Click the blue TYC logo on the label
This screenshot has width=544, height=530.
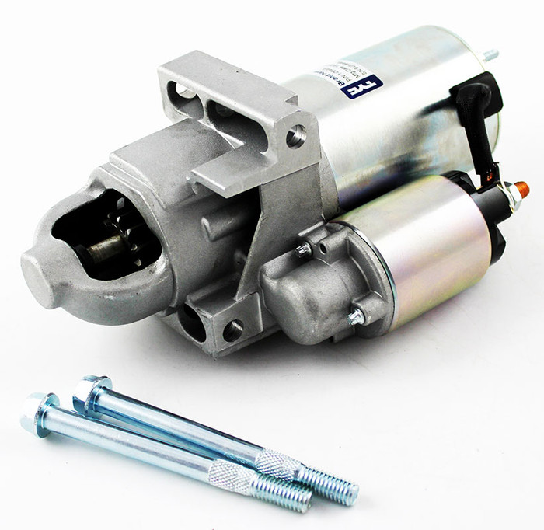point(361,86)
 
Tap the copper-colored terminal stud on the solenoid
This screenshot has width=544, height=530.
point(521,189)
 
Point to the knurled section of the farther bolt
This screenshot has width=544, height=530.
point(277,464)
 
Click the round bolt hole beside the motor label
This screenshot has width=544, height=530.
point(295,137)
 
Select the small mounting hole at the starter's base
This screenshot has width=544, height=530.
point(232,330)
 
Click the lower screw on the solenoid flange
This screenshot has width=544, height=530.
point(354,316)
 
